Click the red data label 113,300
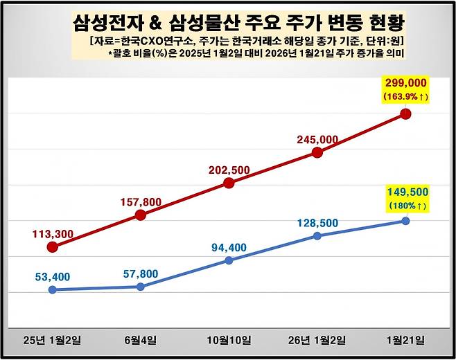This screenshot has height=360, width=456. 51,234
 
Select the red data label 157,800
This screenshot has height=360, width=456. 141,202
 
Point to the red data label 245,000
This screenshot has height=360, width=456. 317,139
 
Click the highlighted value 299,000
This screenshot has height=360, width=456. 405,83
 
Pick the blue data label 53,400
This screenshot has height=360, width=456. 52,277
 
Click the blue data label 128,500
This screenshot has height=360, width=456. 317,223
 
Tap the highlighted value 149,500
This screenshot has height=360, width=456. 405,191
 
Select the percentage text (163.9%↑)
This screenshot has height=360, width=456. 405,97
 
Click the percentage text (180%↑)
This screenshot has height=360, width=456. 405,205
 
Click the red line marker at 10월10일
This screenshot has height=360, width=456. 229,183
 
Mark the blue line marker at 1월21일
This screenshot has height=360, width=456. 405,221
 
